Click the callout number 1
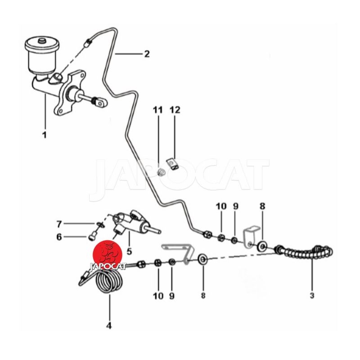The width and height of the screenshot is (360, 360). pyautogui.click(x=45, y=135)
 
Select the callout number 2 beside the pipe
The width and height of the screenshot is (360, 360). pyautogui.click(x=147, y=54)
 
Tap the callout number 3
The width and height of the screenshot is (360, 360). pyautogui.click(x=312, y=295)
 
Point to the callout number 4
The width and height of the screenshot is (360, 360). pyautogui.click(x=109, y=325)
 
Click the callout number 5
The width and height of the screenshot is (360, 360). pyautogui.click(x=129, y=252)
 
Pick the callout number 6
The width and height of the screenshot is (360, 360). pyautogui.click(x=59, y=237)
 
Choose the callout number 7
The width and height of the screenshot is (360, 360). pyautogui.click(x=59, y=224)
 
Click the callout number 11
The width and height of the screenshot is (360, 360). pyautogui.click(x=158, y=110)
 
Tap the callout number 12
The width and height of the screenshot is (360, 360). pyautogui.click(x=175, y=110)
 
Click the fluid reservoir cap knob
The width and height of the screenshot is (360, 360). pyautogui.click(x=42, y=41)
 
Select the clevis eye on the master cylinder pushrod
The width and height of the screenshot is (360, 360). pyautogui.click(x=100, y=103)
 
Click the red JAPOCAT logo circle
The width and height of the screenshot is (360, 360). pyautogui.click(x=108, y=255)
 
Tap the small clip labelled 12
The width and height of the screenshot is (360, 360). pyautogui.click(x=173, y=164)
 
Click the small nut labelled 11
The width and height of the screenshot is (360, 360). pyautogui.click(x=161, y=172)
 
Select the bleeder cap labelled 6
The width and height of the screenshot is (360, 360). pyautogui.click(x=92, y=237)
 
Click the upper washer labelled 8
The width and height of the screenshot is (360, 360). pyautogui.click(x=262, y=246)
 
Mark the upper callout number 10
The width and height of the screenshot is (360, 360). pyautogui.click(x=221, y=207)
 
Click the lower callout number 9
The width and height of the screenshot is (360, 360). pyautogui.click(x=172, y=296)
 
